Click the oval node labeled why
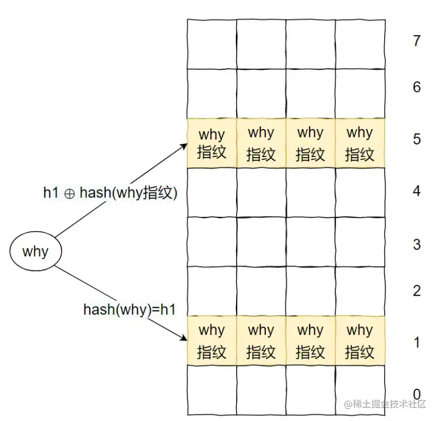coord(35,251)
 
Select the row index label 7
coord(416,41)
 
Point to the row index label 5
coord(416,140)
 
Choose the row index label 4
coord(416,191)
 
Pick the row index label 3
coord(416,244)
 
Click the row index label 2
coord(416,290)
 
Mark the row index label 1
coord(416,342)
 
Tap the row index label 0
coord(416,394)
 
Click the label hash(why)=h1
coord(129,309)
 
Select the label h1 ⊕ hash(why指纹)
coord(109,193)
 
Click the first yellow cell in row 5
coord(212,143)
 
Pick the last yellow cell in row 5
coord(360,143)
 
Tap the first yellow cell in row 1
coord(212,341)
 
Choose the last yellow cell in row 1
coord(360,341)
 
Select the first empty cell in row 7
coord(212,44)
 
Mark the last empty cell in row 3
coord(360,242)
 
